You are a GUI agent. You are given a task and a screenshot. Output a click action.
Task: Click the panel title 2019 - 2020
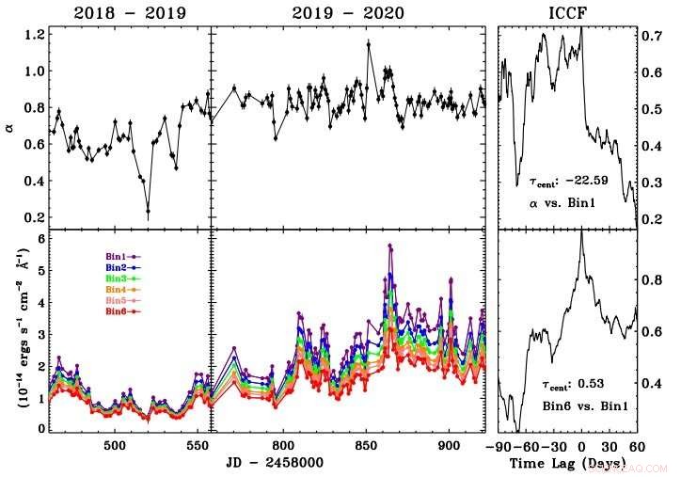pyautogui.click(x=347, y=12)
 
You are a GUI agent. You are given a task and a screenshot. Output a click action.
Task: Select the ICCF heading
pyautogui.click(x=567, y=12)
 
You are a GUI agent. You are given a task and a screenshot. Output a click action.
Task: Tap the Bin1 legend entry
pyautogui.click(x=121, y=256)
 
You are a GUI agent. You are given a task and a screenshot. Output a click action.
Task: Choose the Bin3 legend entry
pyautogui.click(x=121, y=278)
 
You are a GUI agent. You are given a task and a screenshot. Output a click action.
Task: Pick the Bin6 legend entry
pyautogui.click(x=121, y=310)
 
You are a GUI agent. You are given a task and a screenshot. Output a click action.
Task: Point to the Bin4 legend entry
pyautogui.click(x=121, y=289)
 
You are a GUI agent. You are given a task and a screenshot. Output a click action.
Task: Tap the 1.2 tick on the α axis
pyautogui.click(x=35, y=35)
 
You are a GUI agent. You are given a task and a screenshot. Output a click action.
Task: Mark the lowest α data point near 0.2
pyautogui.click(x=148, y=212)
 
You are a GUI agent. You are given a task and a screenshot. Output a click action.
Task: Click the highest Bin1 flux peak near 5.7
pyautogui.click(x=389, y=246)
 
